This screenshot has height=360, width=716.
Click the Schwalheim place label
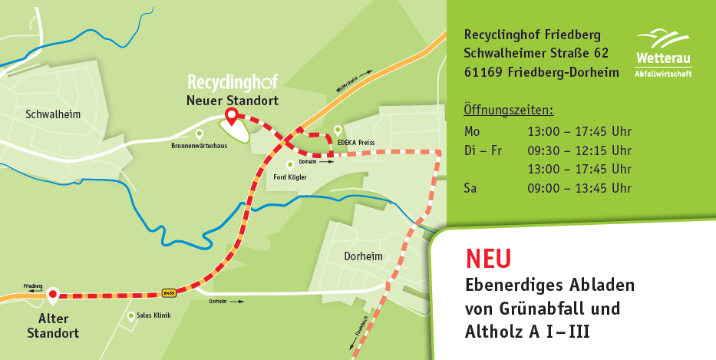click(53, 114)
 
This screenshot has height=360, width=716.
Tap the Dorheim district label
click(364, 256)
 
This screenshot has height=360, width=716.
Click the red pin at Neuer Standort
click(231, 117)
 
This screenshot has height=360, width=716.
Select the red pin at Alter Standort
click(52, 293)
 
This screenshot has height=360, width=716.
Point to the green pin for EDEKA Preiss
click(338, 130)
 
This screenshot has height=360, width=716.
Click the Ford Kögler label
click(290, 177)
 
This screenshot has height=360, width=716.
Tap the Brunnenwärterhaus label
click(199, 144)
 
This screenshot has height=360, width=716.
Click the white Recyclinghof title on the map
click(233, 81)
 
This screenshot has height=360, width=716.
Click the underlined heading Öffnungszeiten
click(508, 110)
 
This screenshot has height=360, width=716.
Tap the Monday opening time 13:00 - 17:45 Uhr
click(579, 131)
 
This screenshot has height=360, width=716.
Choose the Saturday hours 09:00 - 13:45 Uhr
click(579, 188)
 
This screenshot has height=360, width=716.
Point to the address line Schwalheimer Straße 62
click(536, 54)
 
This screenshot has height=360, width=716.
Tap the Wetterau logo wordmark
click(662, 58)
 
